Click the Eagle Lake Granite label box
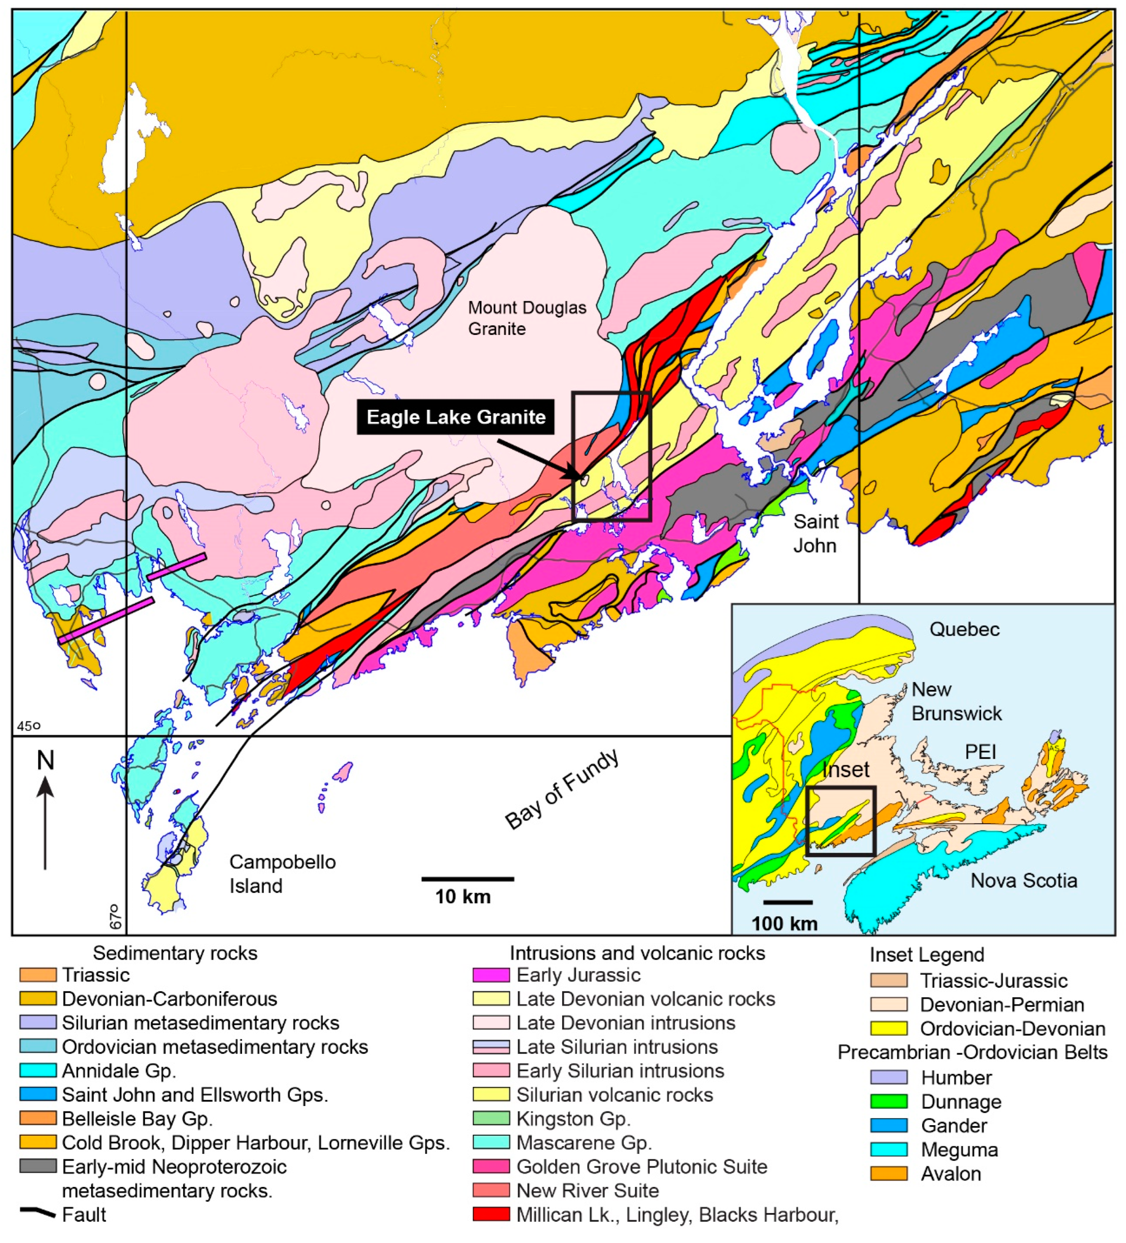click(x=455, y=417)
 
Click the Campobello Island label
click(x=282, y=874)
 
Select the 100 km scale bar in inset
click(x=787, y=902)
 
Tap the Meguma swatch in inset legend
click(x=888, y=1150)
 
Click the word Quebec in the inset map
click(x=964, y=630)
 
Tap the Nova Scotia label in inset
click(x=1023, y=881)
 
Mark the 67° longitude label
click(x=115, y=917)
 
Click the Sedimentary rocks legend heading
click(x=175, y=953)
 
